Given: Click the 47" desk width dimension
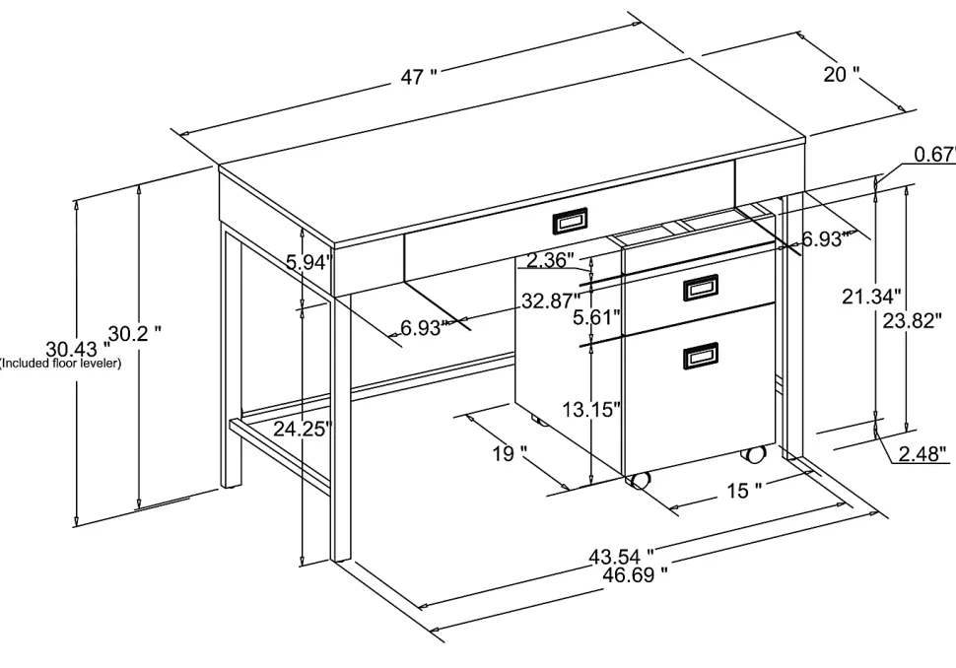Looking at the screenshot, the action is click(419, 77).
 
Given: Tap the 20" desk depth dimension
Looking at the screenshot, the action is click(842, 74).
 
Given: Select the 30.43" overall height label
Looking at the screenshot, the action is click(79, 349).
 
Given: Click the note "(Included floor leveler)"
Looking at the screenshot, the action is click(60, 364).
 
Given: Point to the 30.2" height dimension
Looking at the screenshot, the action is click(135, 333).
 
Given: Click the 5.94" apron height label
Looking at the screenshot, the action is click(308, 263).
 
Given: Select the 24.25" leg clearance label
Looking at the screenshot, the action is click(303, 430).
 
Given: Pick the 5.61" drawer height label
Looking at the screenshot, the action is click(597, 317).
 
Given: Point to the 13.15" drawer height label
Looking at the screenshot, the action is click(591, 410).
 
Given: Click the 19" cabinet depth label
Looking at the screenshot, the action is click(510, 454).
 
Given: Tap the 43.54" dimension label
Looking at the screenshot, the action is click(621, 557).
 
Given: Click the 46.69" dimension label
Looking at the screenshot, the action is click(635, 574).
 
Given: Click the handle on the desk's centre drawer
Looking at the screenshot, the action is click(570, 221).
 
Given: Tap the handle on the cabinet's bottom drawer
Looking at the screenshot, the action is click(701, 356).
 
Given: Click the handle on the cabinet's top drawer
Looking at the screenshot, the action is click(701, 288).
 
